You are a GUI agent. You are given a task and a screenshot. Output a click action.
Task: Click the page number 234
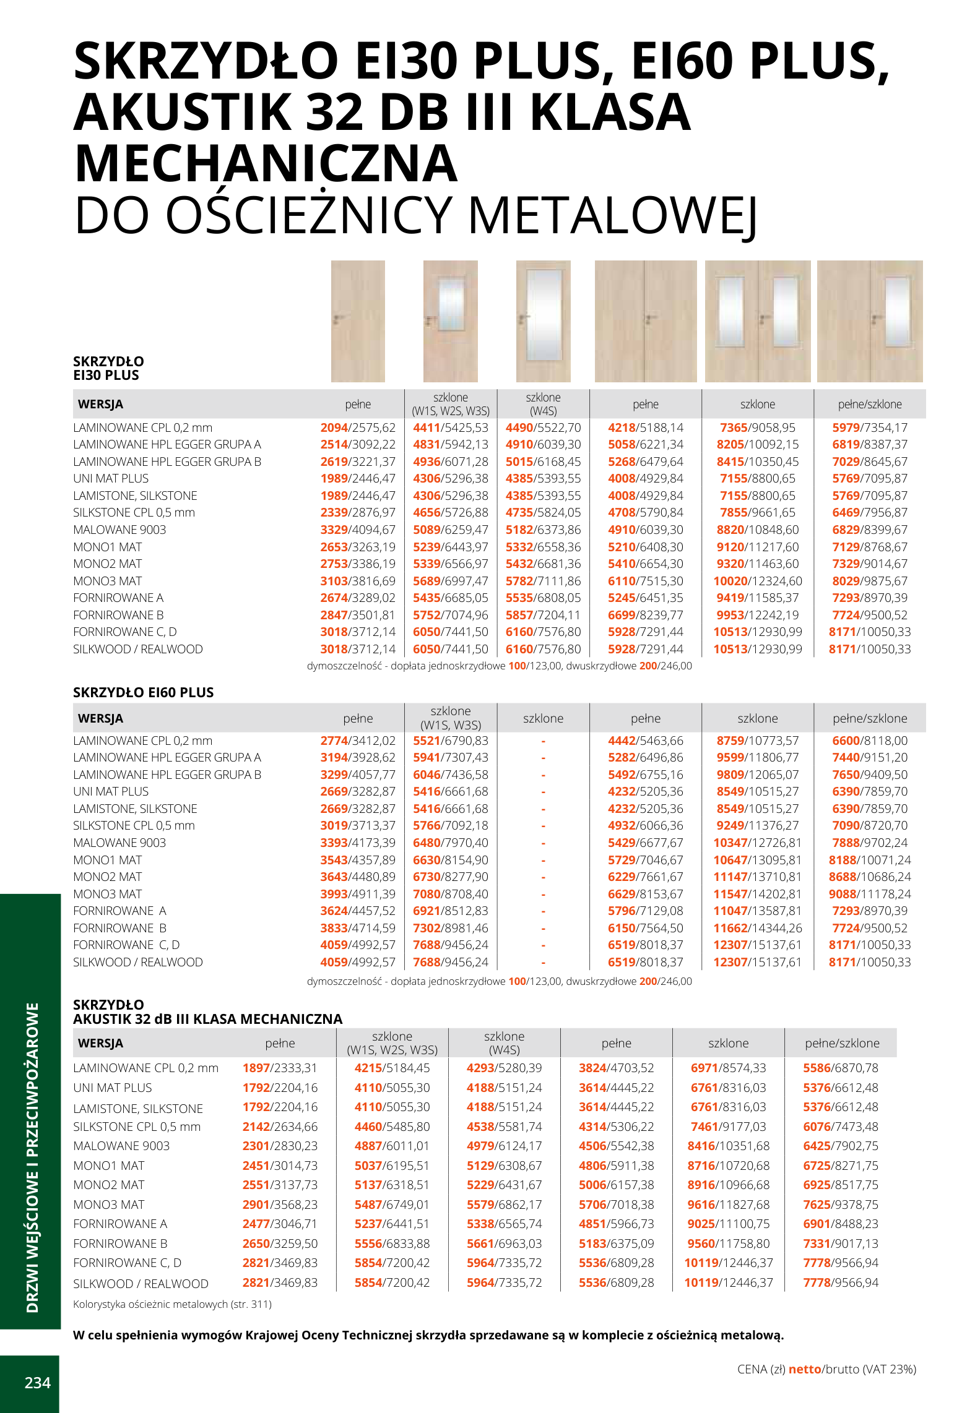tap(37, 1383)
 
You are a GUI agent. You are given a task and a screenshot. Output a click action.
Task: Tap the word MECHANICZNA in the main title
tap(266, 163)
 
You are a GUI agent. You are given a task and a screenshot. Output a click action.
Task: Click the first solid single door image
tap(358, 321)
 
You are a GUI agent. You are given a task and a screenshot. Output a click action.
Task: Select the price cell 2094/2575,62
tap(358, 427)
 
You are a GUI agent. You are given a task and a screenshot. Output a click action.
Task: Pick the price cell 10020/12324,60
tap(757, 581)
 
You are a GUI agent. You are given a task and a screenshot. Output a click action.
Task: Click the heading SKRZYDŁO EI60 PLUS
tap(143, 692)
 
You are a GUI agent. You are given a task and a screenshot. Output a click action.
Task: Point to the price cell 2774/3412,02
tap(358, 741)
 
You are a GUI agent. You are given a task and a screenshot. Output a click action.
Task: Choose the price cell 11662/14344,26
tap(757, 928)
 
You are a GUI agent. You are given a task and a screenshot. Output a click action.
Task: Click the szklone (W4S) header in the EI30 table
tap(543, 404)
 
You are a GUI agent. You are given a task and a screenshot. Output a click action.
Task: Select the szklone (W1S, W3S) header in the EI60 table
tap(450, 718)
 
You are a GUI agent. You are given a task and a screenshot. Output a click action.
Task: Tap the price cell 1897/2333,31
tap(280, 1068)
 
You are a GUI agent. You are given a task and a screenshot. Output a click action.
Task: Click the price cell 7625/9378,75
tap(841, 1205)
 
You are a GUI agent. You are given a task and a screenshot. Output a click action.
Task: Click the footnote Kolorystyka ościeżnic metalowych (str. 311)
tap(172, 1304)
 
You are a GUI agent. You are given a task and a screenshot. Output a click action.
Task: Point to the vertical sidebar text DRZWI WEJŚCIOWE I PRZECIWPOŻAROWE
tap(32, 1157)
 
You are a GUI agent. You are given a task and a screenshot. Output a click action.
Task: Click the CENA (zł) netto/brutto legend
tap(826, 1369)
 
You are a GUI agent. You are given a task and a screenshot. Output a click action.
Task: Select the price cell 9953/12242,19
tap(757, 615)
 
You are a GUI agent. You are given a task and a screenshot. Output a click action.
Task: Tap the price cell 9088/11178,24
tap(870, 894)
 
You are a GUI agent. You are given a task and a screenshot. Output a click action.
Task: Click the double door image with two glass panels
tap(758, 321)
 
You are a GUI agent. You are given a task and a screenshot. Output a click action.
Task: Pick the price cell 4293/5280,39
tap(504, 1068)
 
